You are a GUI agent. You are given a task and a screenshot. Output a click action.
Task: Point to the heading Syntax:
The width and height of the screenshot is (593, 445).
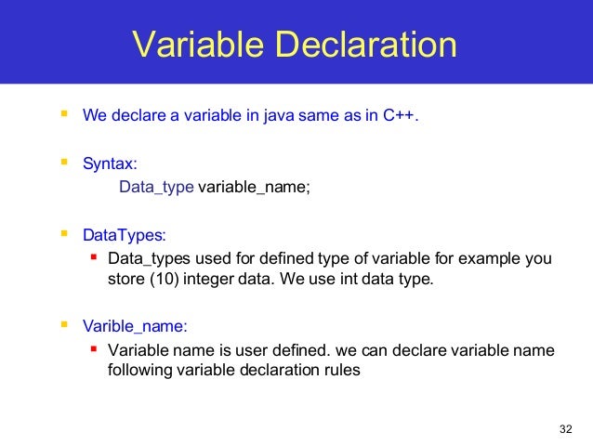pos(110,164)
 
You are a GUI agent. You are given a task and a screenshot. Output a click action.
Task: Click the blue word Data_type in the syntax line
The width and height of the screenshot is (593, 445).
pos(156,188)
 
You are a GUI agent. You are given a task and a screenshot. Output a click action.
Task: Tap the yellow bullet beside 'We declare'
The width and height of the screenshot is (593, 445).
pos(63,116)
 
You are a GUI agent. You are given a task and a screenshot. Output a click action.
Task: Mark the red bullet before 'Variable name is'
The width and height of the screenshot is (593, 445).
pos(93,349)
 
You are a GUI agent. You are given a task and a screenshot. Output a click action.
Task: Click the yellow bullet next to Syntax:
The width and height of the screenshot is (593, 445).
pos(63,163)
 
